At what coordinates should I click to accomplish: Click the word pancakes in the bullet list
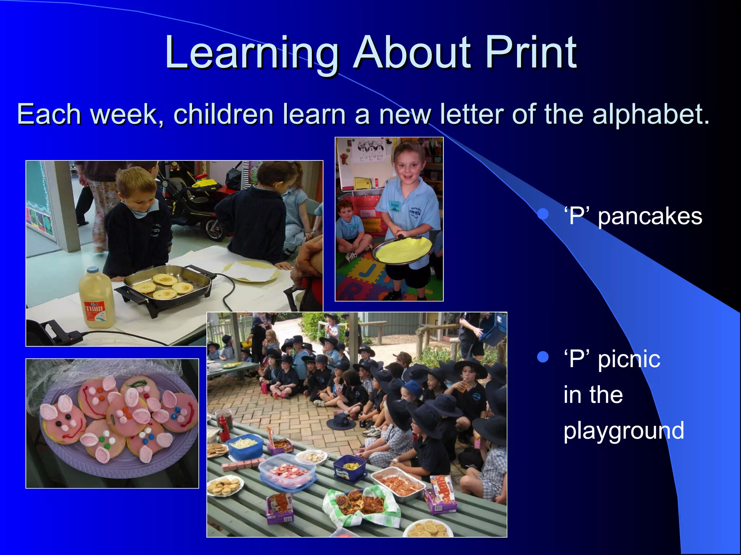pyautogui.click(x=650, y=217)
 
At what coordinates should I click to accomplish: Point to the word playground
pyautogui.click(x=623, y=431)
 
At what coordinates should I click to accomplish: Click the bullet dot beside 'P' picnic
pyautogui.click(x=543, y=357)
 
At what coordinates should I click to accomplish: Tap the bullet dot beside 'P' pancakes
pyautogui.click(x=543, y=214)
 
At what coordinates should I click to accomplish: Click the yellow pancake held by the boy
pyautogui.click(x=403, y=249)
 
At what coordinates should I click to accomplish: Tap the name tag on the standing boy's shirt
pyautogui.click(x=394, y=206)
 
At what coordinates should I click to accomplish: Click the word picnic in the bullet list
pyautogui.click(x=629, y=360)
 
